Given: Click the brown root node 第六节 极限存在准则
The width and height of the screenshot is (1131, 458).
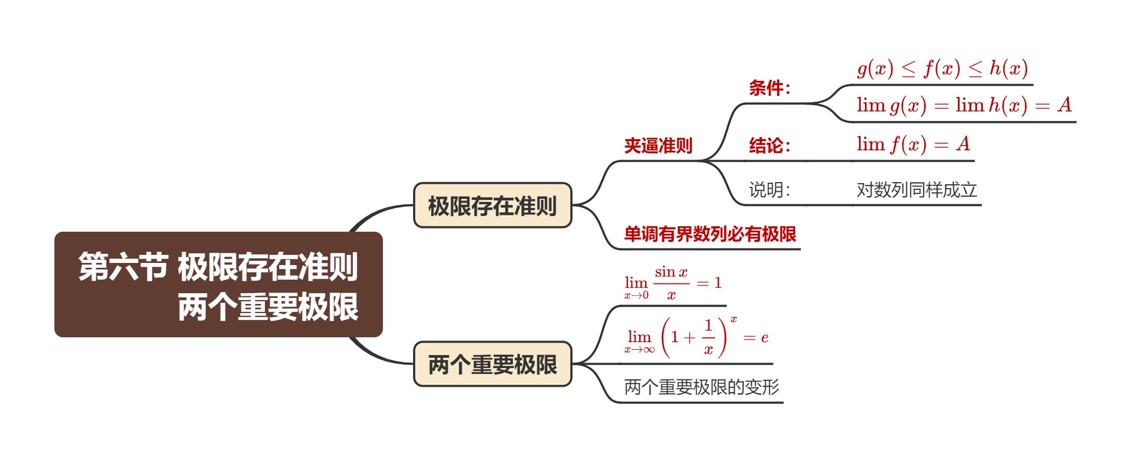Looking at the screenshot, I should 218,284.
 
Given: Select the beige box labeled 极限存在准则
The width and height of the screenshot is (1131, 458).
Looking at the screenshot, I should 492,205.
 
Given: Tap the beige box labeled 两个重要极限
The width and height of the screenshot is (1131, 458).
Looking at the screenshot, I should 492,364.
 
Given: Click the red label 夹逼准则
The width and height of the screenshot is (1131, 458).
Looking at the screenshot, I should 658,145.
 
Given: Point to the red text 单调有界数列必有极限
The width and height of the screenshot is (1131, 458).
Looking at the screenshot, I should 710,234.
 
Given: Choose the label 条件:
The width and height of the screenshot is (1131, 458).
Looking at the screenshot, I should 770,88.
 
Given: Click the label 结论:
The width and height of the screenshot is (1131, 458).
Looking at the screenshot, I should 770,145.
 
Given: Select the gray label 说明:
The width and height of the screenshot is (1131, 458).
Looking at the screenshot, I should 770,190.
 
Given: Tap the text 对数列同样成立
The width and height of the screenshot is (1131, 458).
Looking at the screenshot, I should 917,190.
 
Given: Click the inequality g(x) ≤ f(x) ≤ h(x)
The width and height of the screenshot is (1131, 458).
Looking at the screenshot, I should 942,68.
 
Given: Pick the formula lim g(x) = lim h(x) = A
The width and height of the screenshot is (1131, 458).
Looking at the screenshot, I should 964,105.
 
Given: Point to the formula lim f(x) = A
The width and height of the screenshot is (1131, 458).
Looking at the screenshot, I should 913,144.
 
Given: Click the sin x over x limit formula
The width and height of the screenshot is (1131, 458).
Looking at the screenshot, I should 673,283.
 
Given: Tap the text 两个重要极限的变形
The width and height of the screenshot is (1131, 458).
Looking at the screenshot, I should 702,387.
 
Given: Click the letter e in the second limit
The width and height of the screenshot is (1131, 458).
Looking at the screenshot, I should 765,338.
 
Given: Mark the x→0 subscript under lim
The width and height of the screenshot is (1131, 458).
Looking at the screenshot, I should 637,295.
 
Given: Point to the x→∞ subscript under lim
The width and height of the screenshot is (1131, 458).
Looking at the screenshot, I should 639,350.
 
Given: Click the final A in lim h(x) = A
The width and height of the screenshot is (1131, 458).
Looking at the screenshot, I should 1064,105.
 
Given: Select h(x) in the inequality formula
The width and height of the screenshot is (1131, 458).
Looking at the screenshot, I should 1009,68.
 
